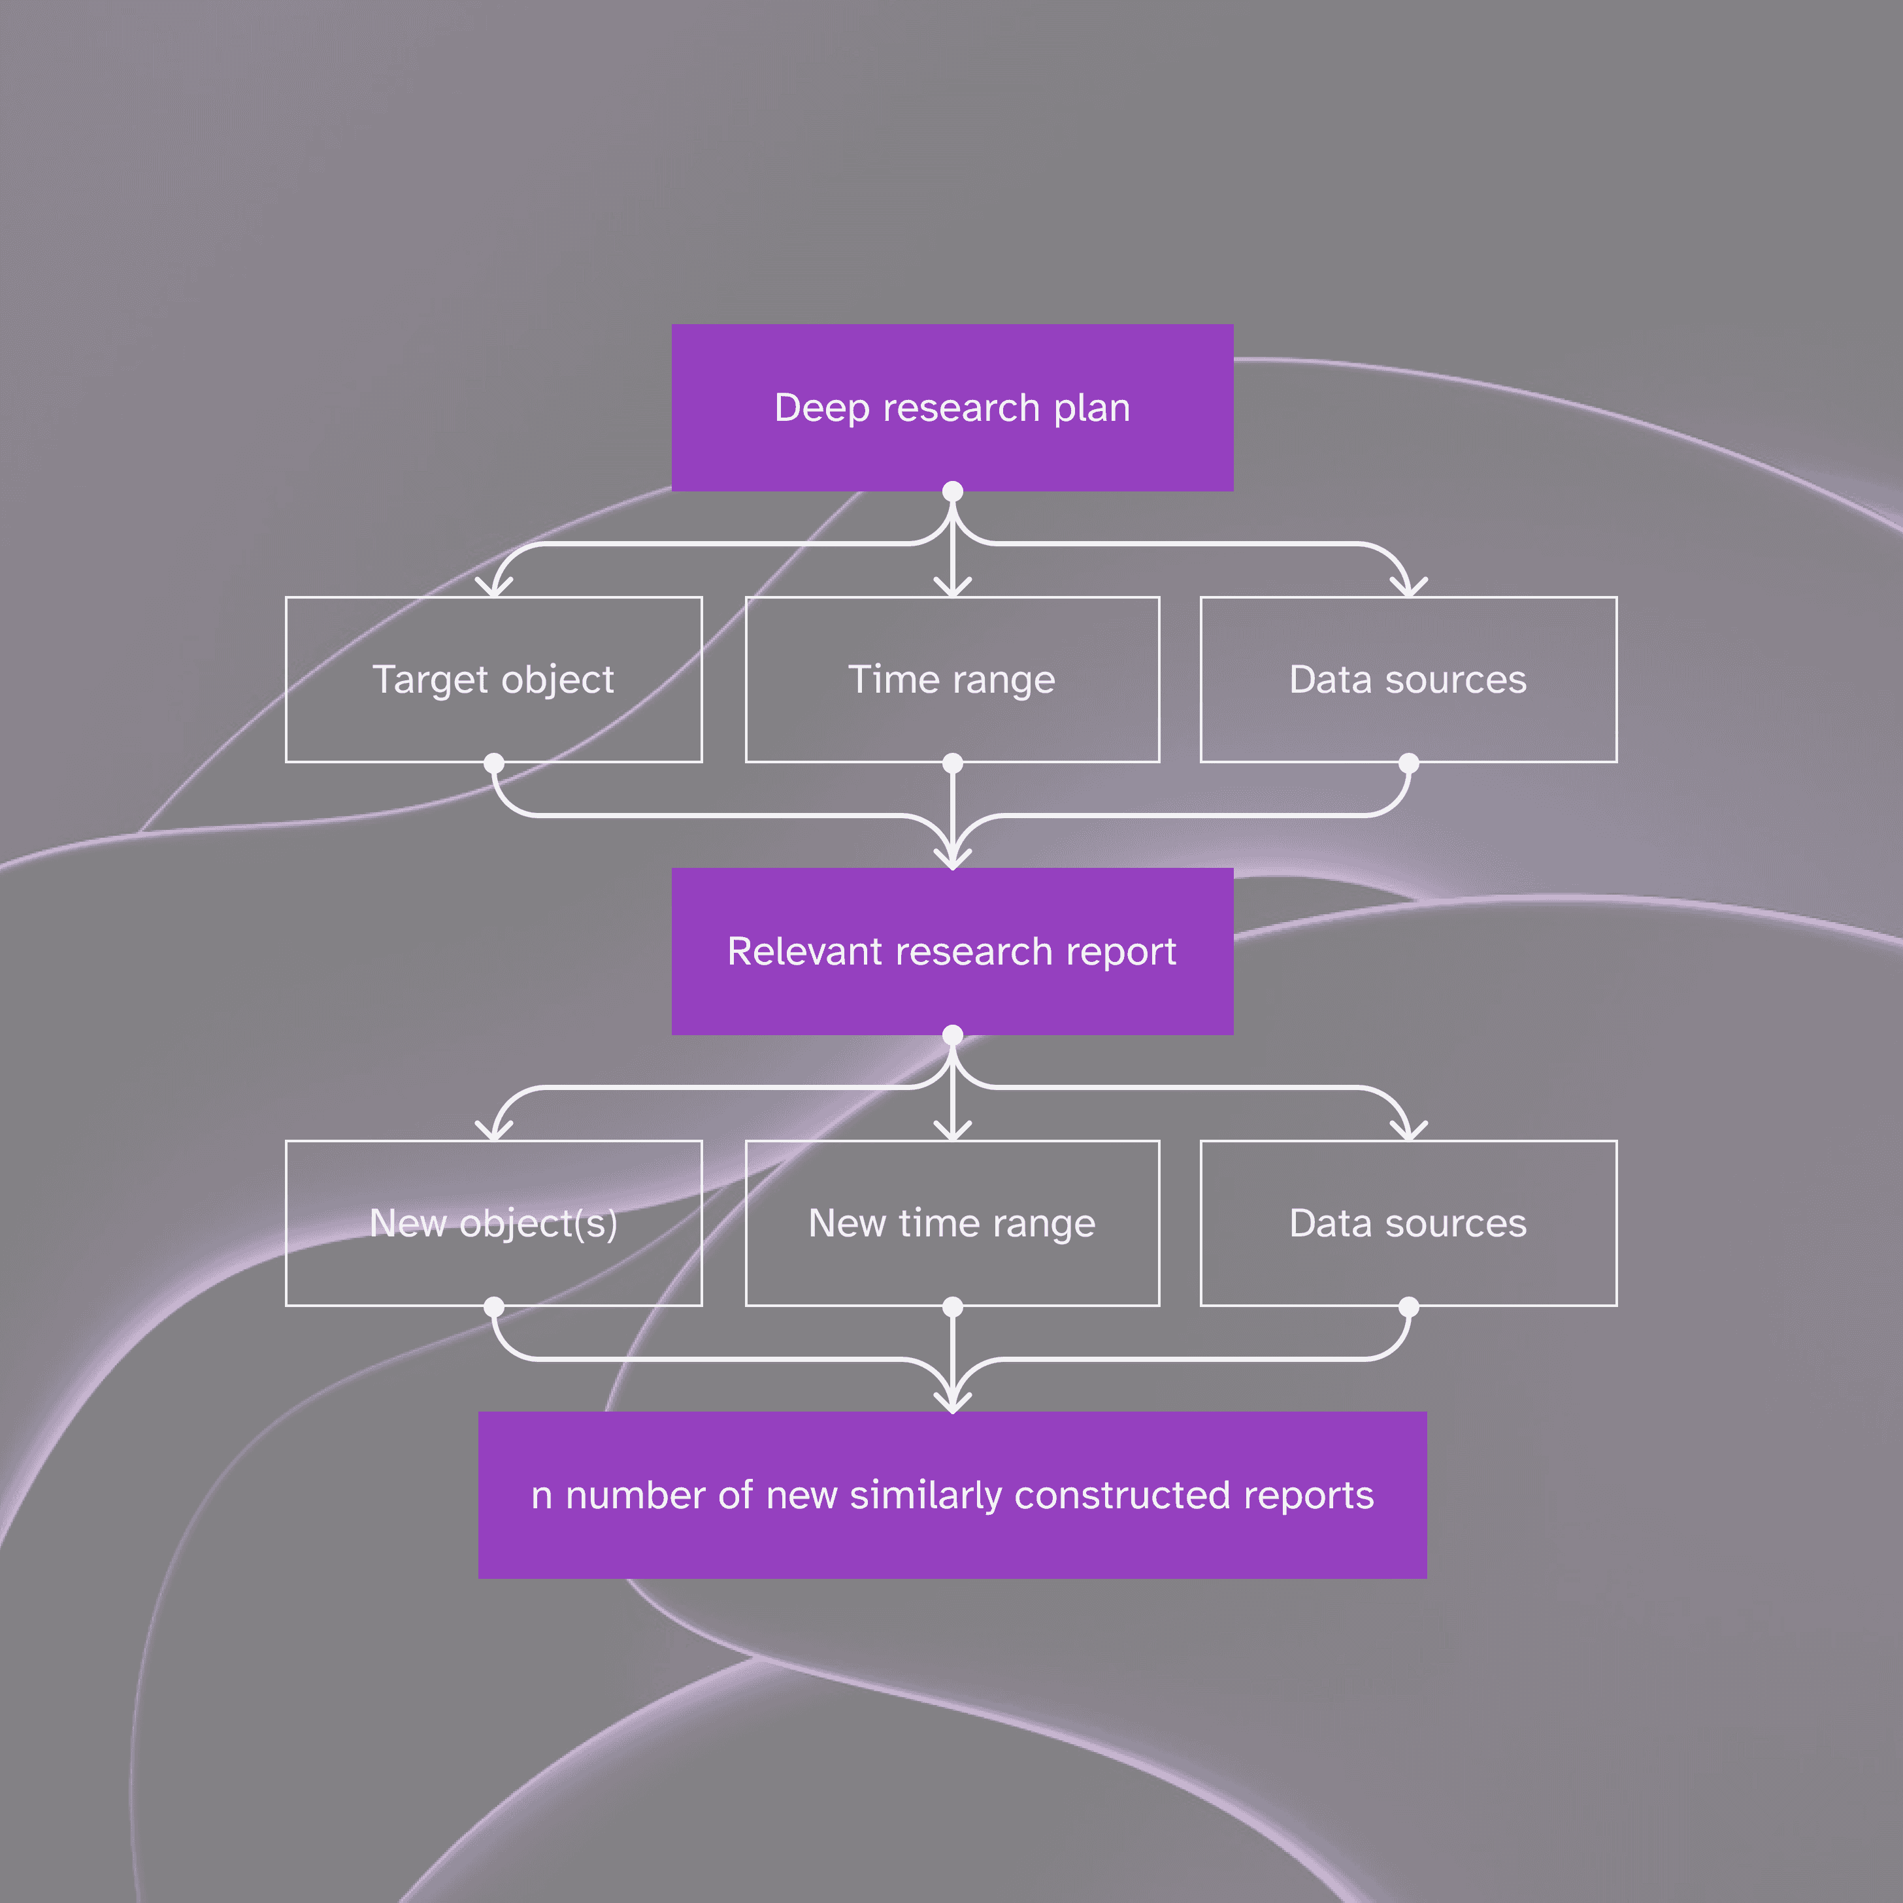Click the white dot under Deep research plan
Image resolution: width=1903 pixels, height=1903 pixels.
click(953, 491)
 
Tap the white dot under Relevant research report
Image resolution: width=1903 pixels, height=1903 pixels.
click(953, 1034)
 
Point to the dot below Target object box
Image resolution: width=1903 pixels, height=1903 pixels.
click(493, 763)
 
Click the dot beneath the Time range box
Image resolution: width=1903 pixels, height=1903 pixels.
click(953, 763)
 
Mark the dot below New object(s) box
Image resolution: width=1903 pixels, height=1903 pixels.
click(493, 1307)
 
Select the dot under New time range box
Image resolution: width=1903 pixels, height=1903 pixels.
click(953, 1307)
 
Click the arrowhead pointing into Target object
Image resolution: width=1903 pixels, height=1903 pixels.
click(493, 589)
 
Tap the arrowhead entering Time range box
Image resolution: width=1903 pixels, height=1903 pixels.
click(953, 589)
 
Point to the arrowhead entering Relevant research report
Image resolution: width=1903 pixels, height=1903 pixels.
click(953, 860)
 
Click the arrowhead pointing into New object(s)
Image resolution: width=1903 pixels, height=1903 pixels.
click(493, 1133)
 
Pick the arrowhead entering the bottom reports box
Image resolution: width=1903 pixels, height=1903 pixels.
click(953, 1404)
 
